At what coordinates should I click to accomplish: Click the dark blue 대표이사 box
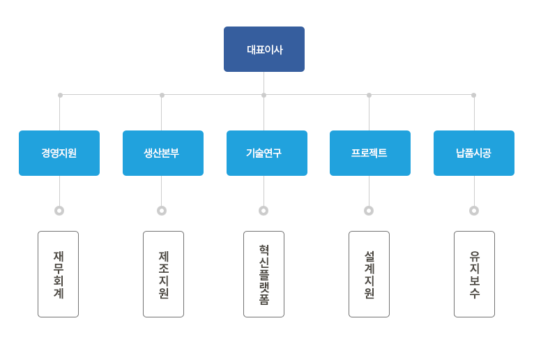click(264, 49)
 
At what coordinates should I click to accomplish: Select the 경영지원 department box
click(59, 153)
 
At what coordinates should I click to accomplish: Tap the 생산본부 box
click(163, 153)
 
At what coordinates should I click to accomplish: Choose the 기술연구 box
click(267, 153)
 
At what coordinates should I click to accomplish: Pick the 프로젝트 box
click(370, 153)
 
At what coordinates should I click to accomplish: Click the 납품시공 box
click(474, 153)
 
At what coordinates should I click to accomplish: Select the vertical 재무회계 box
click(59, 274)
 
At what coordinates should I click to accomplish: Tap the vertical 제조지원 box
click(163, 274)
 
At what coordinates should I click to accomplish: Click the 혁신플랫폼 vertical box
click(264, 274)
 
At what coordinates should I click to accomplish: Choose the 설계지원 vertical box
click(369, 274)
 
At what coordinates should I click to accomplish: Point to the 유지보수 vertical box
click(475, 274)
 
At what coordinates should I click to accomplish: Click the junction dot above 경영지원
click(60, 95)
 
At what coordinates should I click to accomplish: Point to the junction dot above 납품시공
click(474, 95)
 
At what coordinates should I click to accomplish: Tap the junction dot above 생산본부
click(162, 95)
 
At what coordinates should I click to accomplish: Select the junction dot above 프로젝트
click(369, 95)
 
